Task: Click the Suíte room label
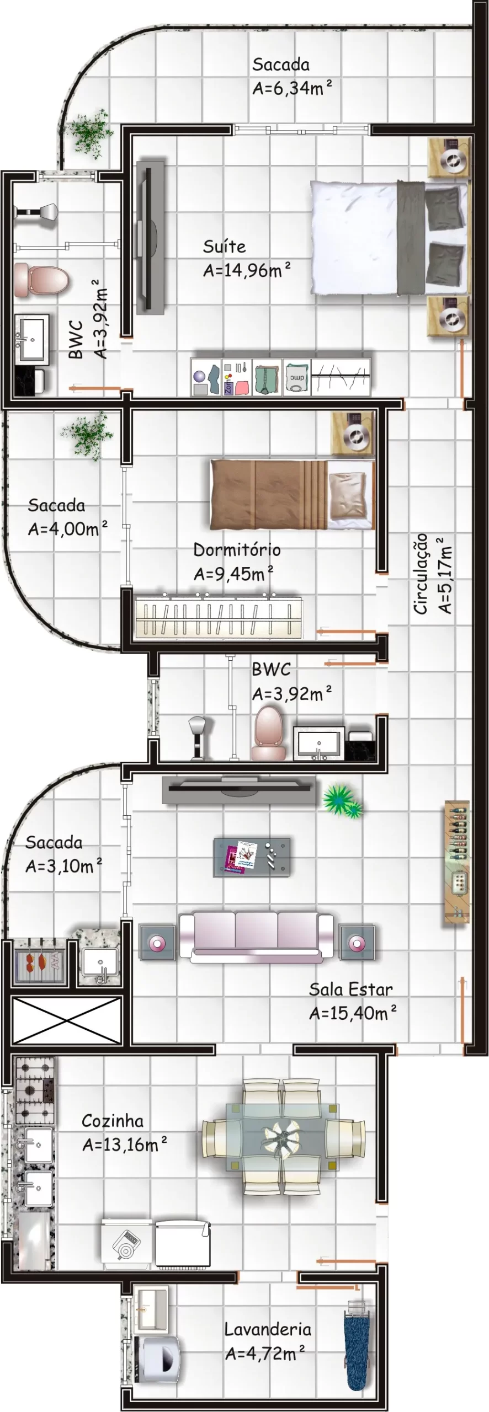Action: pos(224,246)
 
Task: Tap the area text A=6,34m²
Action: pos(292,88)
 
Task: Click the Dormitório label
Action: pos(237,550)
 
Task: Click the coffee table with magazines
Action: pos(252,857)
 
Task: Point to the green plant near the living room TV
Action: pos(342,800)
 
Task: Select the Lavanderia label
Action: pos(268,1329)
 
